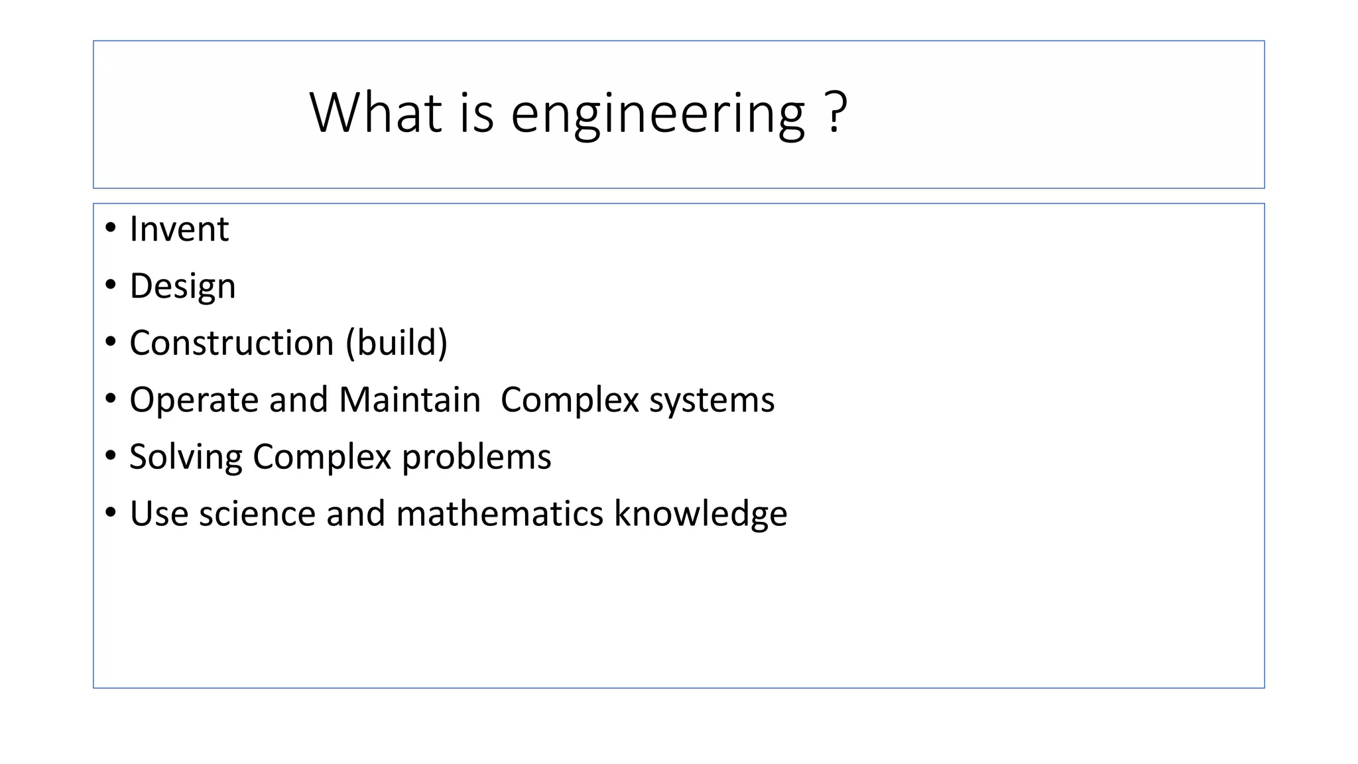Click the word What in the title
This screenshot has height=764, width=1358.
[x=375, y=112]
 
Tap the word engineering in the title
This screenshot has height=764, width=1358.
[x=658, y=114]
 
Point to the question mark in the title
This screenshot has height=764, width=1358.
[x=837, y=112]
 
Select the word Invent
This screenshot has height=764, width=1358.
[x=179, y=229]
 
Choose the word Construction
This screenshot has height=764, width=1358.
[x=231, y=343]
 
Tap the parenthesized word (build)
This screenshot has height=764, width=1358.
[x=397, y=343]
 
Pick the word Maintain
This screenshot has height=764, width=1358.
[x=410, y=400]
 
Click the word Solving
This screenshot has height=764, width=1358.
[x=186, y=458]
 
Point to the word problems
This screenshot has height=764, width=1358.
[x=476, y=458]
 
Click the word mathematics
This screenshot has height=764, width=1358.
[x=499, y=514]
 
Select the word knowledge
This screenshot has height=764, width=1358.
[x=700, y=515]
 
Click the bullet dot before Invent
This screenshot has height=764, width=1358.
[x=111, y=228]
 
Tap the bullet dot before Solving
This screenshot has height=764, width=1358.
[x=111, y=456]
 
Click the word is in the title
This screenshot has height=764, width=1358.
[x=477, y=112]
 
